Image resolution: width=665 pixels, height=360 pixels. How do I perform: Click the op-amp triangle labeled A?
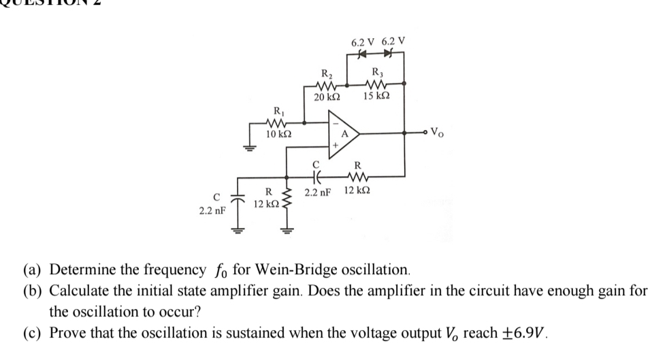pos(344,132)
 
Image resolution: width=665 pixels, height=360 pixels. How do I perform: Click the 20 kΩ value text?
pos(327,98)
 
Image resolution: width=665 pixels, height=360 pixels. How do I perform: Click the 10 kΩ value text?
pos(279,134)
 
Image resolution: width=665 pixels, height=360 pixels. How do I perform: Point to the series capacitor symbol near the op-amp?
pos(314,176)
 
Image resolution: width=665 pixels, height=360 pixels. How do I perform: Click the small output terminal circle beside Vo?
pos(429,132)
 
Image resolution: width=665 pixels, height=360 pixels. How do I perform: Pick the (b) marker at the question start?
pos(35,291)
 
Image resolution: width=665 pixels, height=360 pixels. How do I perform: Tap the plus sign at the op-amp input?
pos(335,145)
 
